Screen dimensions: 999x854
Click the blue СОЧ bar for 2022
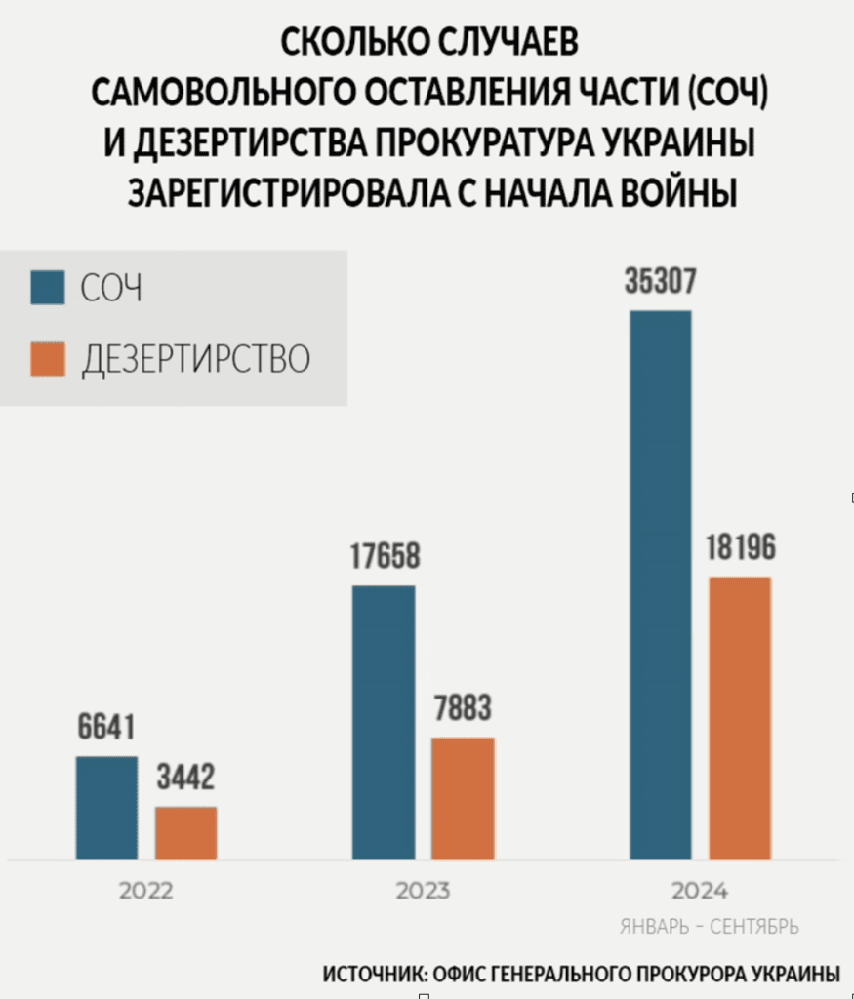click(x=107, y=808)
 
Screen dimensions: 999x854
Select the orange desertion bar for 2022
click(x=186, y=833)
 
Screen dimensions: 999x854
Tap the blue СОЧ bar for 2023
click(x=384, y=722)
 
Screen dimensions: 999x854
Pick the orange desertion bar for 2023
click(x=463, y=798)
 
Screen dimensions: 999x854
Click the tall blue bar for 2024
click(x=661, y=585)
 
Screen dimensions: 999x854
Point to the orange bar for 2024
click(x=740, y=718)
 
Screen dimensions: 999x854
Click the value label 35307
click(x=661, y=282)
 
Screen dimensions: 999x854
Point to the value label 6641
click(x=106, y=728)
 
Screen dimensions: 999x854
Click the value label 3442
click(x=185, y=779)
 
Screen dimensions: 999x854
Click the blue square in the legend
click(x=48, y=289)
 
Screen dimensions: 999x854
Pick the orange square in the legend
click(x=48, y=358)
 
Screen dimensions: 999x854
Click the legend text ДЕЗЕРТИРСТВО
click(x=195, y=359)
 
